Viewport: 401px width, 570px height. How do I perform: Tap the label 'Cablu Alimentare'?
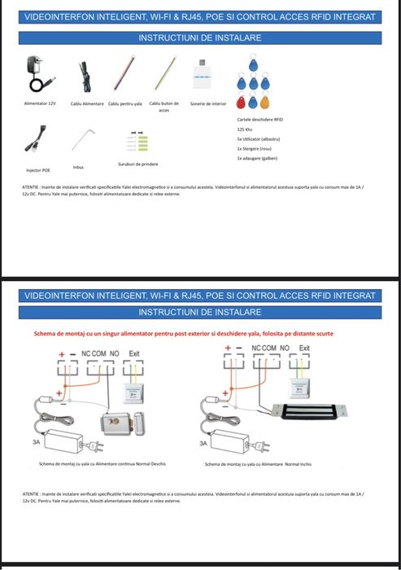click(x=87, y=103)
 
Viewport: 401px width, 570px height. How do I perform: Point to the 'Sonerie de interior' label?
click(x=208, y=103)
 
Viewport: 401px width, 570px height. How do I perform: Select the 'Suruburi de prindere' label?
click(x=137, y=164)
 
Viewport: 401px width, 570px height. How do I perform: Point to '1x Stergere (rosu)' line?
click(x=256, y=149)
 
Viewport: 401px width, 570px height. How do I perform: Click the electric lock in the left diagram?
click(x=119, y=423)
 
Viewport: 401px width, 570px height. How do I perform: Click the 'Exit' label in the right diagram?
click(x=304, y=348)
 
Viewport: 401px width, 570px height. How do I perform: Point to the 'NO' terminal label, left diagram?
click(x=113, y=352)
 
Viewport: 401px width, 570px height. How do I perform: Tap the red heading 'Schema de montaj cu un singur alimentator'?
click(x=183, y=333)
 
